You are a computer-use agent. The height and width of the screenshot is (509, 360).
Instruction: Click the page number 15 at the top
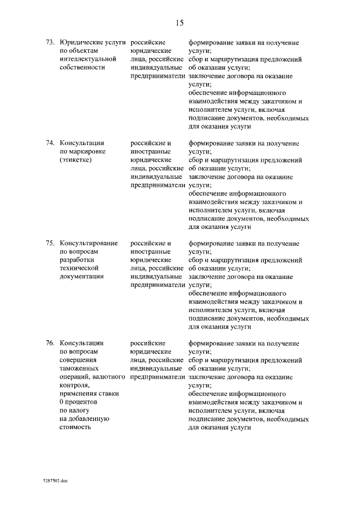coord(179,23)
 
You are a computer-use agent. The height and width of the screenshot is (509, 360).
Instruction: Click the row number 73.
coord(49,42)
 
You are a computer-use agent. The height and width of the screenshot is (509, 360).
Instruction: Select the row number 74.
coord(49,143)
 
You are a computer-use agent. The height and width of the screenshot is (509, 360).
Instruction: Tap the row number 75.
coord(49,243)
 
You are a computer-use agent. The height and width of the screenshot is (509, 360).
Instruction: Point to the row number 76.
coord(49,343)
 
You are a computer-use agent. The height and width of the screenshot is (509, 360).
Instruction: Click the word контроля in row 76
coord(74,385)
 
